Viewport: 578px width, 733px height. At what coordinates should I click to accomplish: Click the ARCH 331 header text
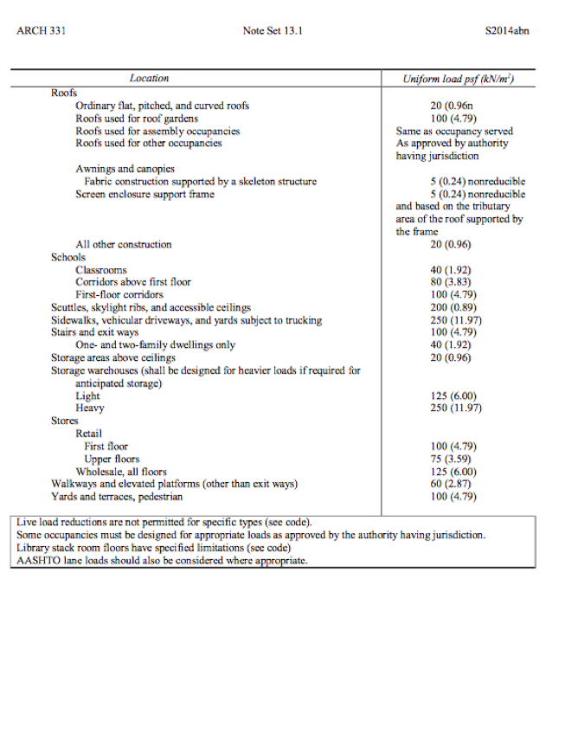[x=42, y=32]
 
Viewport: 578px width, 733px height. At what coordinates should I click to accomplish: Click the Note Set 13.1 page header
[x=273, y=32]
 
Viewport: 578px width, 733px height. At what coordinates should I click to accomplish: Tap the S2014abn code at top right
[x=508, y=32]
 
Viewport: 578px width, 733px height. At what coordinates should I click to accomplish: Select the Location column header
[x=150, y=79]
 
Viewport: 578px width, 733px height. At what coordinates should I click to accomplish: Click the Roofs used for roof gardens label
[x=137, y=119]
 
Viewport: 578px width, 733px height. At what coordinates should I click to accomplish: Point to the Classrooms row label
[x=101, y=270]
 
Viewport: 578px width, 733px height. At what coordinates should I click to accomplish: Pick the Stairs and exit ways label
[x=94, y=332]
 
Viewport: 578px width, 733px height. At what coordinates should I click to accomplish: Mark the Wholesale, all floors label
[x=121, y=472]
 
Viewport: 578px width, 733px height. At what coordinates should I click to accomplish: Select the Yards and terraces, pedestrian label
[x=117, y=497]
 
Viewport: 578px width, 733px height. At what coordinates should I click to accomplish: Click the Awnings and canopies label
[x=125, y=169]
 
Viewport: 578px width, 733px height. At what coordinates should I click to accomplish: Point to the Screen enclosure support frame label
[x=144, y=194]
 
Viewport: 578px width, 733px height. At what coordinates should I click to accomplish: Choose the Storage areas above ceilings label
[x=113, y=357]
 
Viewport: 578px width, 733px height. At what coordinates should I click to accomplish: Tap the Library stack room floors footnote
[x=153, y=548]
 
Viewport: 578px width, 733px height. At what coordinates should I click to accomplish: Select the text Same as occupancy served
[x=454, y=132]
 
